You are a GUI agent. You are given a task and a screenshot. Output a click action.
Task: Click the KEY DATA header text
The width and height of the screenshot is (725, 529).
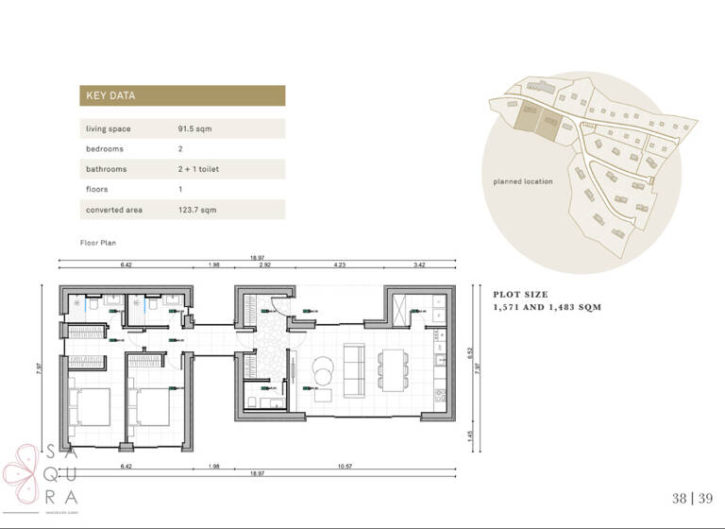(110, 95)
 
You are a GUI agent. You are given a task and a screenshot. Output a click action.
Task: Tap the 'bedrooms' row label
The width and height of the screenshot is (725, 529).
(104, 149)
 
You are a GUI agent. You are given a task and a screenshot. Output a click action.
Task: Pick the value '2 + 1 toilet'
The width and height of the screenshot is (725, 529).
(199, 169)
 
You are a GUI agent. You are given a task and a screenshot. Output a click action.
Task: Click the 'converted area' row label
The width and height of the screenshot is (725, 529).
(113, 210)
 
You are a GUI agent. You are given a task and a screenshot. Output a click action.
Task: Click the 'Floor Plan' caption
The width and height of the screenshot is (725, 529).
(97, 243)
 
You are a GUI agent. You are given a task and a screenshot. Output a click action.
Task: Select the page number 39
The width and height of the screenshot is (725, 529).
(703, 499)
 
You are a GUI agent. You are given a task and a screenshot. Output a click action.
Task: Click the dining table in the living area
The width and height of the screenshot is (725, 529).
(391, 370)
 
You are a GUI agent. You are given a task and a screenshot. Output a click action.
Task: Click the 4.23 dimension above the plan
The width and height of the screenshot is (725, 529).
(339, 265)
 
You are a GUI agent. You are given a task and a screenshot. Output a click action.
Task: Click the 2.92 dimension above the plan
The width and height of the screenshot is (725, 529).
(265, 265)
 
